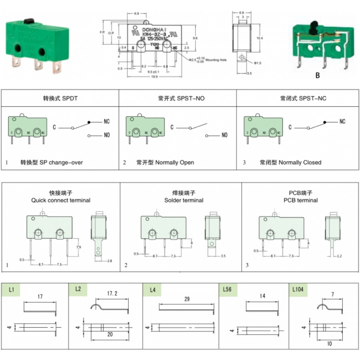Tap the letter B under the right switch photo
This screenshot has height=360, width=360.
(x=318, y=75)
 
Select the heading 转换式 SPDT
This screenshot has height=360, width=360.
(x=60, y=98)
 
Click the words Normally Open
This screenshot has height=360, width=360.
(x=174, y=162)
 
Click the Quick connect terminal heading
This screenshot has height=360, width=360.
(x=61, y=200)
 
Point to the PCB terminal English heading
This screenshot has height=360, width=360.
(x=301, y=200)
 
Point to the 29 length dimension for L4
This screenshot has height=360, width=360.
(x=187, y=299)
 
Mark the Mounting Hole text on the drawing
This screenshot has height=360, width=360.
(x=216, y=60)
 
